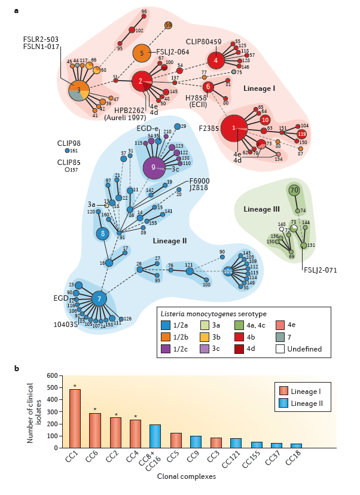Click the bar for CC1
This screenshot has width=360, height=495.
pos(75,418)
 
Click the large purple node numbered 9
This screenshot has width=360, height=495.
pos(154,167)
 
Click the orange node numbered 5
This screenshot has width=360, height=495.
pos(142,53)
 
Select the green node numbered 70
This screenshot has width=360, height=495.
pos(294,190)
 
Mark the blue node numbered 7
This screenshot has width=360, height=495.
pos(100,298)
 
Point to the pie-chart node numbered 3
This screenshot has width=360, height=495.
pos(78,90)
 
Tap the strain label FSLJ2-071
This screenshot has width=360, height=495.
pos(319,270)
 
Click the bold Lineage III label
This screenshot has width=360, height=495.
pos(263,209)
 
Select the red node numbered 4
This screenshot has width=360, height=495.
pos(216,60)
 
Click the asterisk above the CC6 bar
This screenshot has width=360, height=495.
pos(95,410)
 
